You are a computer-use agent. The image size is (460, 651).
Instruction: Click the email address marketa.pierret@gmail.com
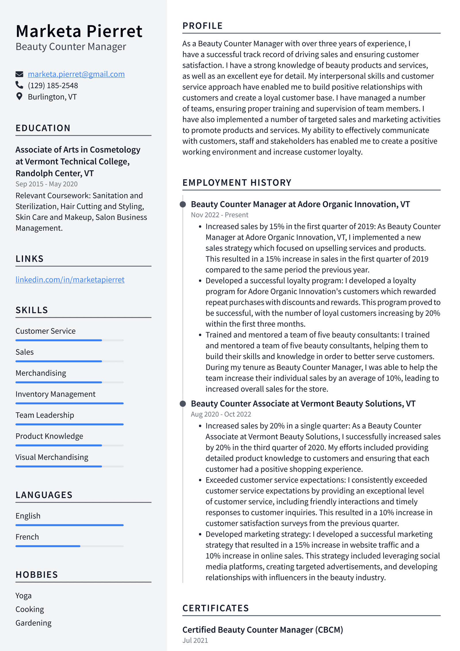[76, 74]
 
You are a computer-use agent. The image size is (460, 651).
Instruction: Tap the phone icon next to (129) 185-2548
[19, 85]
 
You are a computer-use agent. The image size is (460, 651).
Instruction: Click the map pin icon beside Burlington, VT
[19, 96]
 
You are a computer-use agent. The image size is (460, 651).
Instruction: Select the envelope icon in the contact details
[19, 74]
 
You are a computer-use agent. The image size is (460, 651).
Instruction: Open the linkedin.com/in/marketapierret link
[70, 280]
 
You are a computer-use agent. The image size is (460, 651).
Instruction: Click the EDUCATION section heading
[43, 128]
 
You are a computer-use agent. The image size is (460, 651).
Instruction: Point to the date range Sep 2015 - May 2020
[46, 184]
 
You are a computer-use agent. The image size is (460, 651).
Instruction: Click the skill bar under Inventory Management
[69, 403]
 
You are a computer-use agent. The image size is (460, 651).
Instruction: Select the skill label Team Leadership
[45, 415]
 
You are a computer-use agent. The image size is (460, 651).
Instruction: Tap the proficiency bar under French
[69, 546]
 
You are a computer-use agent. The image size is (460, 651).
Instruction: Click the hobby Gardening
[33, 623]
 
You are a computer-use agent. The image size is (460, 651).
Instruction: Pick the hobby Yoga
[23, 596]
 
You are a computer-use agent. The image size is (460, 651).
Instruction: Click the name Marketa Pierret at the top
[79, 31]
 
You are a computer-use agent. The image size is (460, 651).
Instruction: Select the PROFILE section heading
[202, 26]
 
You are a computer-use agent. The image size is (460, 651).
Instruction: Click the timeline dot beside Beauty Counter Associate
[183, 404]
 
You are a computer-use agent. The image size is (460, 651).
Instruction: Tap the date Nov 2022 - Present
[219, 215]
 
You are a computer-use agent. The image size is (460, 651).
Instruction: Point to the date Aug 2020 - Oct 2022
[221, 414]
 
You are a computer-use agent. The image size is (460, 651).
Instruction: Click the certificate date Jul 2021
[195, 640]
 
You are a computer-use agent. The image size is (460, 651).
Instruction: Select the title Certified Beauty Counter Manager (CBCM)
[262, 630]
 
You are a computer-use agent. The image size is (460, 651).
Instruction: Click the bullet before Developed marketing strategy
[200, 534]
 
